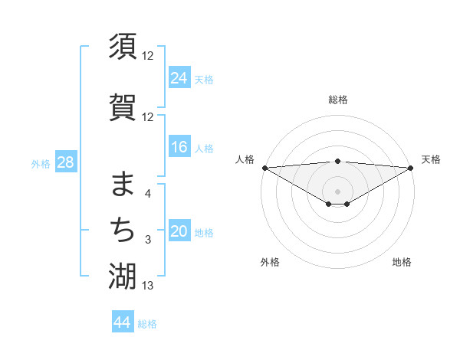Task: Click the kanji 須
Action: click(123, 47)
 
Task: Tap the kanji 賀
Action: click(123, 108)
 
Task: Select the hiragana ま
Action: click(123, 185)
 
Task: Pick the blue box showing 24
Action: click(179, 78)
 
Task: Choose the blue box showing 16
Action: click(179, 148)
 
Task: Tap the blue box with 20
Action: click(179, 232)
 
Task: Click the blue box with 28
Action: click(65, 162)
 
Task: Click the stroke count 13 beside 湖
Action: click(148, 286)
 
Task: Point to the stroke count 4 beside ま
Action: click(148, 194)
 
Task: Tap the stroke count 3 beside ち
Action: click(148, 241)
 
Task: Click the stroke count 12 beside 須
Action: click(148, 56)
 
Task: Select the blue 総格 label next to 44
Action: click(147, 324)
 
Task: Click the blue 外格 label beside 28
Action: click(41, 163)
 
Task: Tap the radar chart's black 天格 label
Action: click(431, 159)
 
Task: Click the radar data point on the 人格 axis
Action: click(264, 168)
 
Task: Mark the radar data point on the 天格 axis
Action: click(410, 168)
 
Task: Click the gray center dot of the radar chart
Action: click(337, 190)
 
